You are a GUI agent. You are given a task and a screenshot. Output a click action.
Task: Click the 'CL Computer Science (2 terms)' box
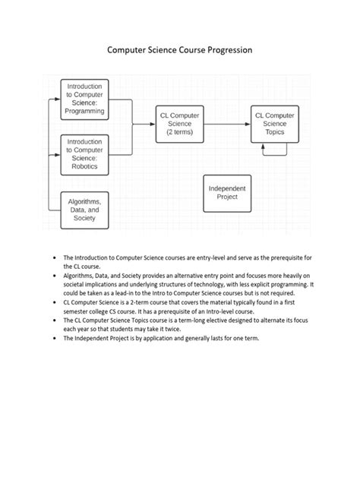click(x=180, y=123)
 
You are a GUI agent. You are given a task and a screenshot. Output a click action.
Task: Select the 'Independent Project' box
click(x=227, y=192)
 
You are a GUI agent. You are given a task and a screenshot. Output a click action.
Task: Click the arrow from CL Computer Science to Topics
click(x=228, y=123)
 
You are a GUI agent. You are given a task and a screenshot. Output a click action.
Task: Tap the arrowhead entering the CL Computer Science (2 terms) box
click(x=153, y=123)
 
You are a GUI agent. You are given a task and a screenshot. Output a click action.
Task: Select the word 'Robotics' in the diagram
click(x=85, y=163)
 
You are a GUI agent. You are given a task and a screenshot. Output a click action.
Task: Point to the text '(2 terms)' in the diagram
click(x=180, y=132)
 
